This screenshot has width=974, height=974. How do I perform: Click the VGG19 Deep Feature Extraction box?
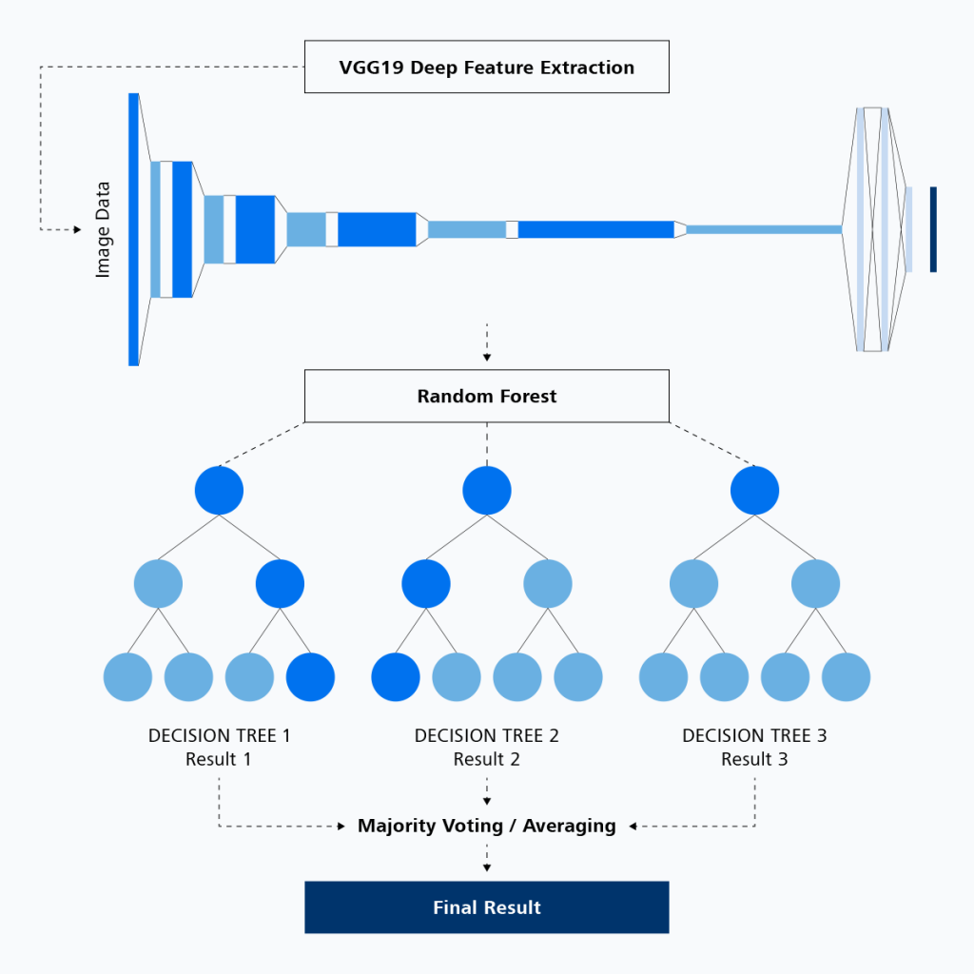pos(486,68)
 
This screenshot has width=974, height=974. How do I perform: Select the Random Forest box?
pos(486,396)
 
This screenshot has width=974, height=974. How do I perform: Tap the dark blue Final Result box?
pos(486,907)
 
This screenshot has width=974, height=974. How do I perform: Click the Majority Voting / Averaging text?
pos(486,826)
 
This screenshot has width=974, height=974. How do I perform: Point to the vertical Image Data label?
pos(104,229)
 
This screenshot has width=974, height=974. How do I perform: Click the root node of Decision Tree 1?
pos(219,491)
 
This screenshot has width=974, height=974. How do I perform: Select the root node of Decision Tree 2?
pos(487,491)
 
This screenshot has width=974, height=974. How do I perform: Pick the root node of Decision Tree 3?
pos(754,491)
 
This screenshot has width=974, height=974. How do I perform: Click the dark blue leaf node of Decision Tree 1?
pos(310,677)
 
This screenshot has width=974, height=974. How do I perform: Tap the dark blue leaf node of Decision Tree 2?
pos(396,677)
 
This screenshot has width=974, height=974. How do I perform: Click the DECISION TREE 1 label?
pos(219,735)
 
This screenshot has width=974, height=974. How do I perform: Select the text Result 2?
pos(486,759)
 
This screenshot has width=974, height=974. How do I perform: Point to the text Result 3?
pos(754,759)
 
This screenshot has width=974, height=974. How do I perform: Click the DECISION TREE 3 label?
pos(754,735)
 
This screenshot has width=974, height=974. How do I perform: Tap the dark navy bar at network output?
pos(933,229)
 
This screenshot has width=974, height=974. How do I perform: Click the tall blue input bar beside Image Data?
pos(133,229)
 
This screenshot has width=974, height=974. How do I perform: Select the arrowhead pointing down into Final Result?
pos(487,867)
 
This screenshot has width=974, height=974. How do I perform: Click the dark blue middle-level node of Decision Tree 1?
pos(280,583)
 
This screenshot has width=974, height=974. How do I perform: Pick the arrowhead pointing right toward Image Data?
pos(77,229)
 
